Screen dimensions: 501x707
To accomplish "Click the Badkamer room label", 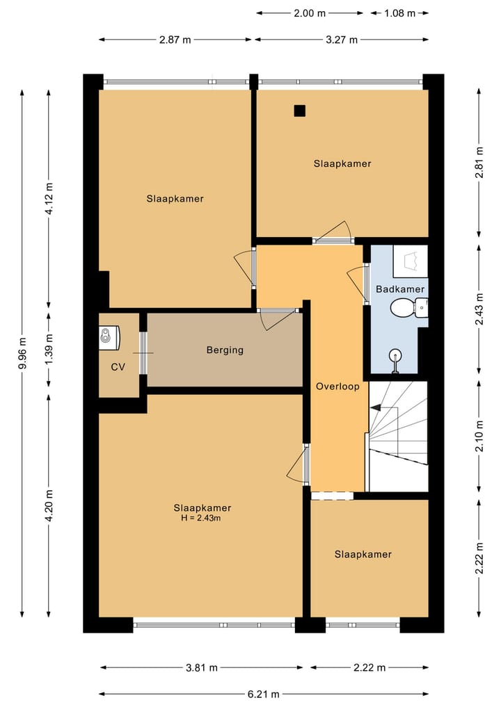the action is point(400,289).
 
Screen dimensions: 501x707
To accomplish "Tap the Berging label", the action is point(225,350).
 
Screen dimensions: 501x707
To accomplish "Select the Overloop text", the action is point(337,387).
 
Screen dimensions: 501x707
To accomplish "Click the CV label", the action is point(118,367).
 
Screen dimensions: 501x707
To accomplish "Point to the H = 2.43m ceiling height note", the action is point(201,518).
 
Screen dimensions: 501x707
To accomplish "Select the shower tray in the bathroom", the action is point(411,261).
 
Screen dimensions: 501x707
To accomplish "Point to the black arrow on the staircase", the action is point(375,407).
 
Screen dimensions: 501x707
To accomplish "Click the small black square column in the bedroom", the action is point(300,111).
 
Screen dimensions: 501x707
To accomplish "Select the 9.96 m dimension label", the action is point(22,353).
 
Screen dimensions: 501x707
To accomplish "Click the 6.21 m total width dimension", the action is point(263,694).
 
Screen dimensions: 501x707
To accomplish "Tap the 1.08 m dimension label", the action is point(400,13).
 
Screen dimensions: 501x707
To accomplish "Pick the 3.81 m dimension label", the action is point(202,667).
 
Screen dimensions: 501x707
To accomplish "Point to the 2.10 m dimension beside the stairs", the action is point(479,436).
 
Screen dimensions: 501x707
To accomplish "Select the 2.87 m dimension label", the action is point(175,40).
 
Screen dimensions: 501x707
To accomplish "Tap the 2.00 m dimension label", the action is point(310,13).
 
